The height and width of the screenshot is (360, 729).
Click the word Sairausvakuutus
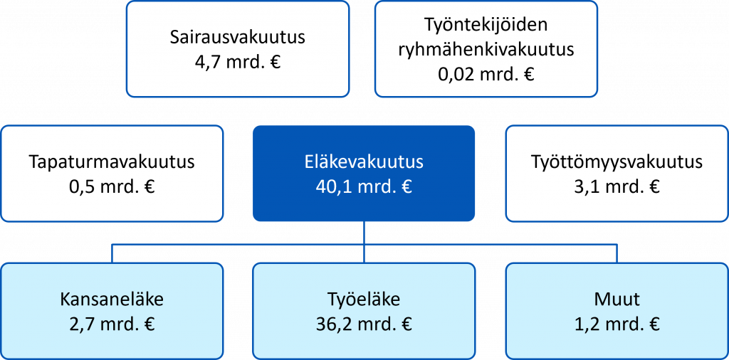click(x=238, y=37)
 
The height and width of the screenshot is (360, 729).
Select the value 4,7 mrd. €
click(x=238, y=62)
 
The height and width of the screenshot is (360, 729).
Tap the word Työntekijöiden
click(x=486, y=25)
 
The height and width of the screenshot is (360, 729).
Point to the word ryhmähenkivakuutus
click(x=486, y=50)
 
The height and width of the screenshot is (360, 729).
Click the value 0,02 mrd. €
click(x=486, y=74)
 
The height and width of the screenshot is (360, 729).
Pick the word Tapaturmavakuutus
click(x=112, y=163)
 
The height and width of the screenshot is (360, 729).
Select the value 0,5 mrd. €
click(x=112, y=187)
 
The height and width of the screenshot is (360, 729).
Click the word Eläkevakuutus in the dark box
click(x=364, y=163)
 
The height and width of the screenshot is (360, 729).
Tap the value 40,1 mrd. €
click(x=364, y=187)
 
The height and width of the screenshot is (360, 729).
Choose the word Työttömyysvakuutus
click(x=617, y=163)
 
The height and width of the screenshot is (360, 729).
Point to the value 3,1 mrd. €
click(x=617, y=187)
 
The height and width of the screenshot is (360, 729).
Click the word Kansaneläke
click(x=112, y=300)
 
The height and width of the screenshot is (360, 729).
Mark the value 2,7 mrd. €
click(x=112, y=324)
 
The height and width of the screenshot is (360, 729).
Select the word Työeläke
click(x=364, y=300)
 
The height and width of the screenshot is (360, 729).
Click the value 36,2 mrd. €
click(x=364, y=324)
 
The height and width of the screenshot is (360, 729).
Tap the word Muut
click(x=617, y=300)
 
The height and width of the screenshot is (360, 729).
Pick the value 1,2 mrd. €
click(x=617, y=324)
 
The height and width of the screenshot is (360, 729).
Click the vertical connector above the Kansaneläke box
click(x=112, y=253)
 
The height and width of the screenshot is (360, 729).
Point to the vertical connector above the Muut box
click(x=617, y=253)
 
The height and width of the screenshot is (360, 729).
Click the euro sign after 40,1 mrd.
click(x=406, y=187)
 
